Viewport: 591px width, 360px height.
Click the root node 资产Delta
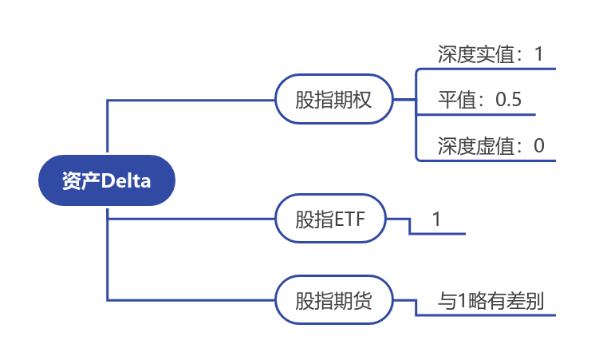[106, 180]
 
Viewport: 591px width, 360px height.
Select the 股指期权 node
[333, 100]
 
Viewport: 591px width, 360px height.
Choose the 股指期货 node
[333, 301]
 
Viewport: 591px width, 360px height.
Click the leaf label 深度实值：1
[490, 54]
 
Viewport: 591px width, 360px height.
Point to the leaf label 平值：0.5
[479, 100]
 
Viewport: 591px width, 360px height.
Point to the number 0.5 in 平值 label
[508, 100]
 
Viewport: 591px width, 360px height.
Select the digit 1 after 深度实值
[538, 54]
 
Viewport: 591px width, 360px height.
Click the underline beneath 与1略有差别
[487, 315]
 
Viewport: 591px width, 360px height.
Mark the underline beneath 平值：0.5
[479, 114]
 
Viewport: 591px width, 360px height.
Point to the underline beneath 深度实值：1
[487, 69]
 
